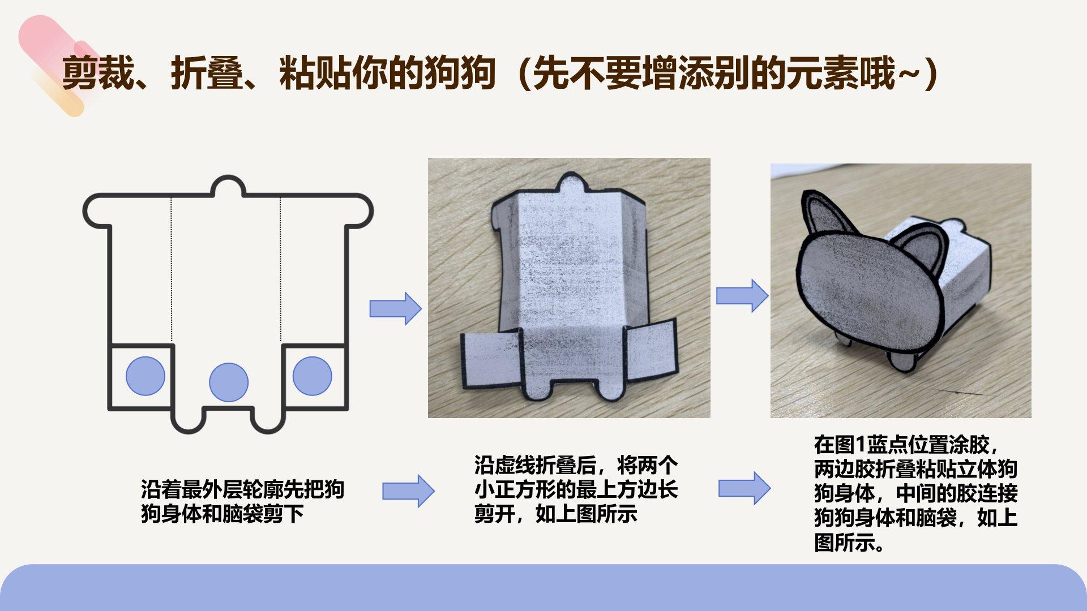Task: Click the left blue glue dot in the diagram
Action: click(x=145, y=376)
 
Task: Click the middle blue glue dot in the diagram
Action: click(x=229, y=382)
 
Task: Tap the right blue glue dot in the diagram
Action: click(x=312, y=376)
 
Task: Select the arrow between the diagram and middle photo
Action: click(x=396, y=309)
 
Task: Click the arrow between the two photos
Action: click(x=742, y=296)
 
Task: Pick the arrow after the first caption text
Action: click(x=408, y=491)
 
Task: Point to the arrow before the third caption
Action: click(x=744, y=488)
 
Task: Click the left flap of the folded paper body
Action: click(x=491, y=360)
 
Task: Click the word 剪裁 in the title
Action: click(x=97, y=73)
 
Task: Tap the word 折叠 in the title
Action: click(x=207, y=73)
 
